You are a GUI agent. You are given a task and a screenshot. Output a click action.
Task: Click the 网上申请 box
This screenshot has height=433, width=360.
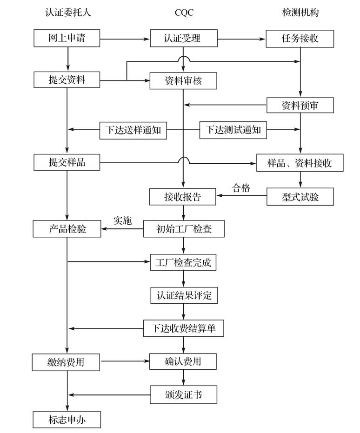(x=67, y=39)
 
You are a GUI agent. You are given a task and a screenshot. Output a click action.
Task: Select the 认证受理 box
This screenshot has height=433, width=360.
(x=183, y=39)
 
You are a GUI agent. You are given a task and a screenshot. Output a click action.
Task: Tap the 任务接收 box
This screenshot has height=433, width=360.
(x=300, y=39)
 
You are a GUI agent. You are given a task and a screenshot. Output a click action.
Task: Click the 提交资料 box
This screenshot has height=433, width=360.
(x=67, y=80)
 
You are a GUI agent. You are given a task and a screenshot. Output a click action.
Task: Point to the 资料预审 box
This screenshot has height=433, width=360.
(x=300, y=105)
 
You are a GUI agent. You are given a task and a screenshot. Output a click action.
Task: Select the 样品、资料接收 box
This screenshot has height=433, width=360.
(x=300, y=163)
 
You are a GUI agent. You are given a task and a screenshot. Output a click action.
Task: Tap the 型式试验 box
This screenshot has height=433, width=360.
(x=300, y=197)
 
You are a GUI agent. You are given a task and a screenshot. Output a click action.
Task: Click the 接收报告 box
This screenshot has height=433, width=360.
(x=183, y=197)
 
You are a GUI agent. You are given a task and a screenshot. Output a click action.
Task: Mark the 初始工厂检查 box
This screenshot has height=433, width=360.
(x=183, y=229)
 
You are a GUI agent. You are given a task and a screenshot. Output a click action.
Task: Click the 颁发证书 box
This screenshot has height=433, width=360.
(x=183, y=395)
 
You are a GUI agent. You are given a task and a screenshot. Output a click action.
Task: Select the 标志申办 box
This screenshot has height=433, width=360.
(x=67, y=420)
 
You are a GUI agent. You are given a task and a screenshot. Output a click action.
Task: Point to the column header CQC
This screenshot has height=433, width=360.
(x=184, y=13)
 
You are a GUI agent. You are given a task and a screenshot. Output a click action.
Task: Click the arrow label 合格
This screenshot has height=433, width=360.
(x=241, y=188)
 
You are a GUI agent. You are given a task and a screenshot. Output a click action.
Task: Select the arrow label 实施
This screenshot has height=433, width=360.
(x=122, y=220)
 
